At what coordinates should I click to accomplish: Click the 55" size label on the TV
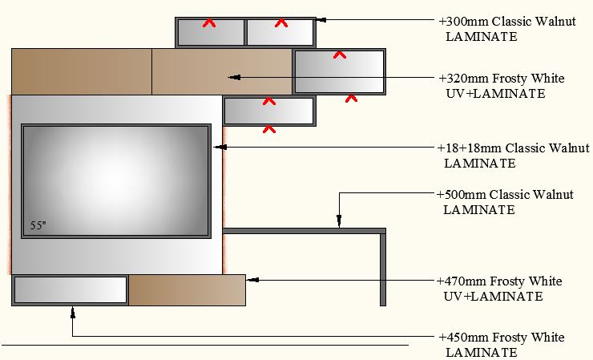(x=38, y=226)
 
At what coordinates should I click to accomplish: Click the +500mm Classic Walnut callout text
(x=505, y=202)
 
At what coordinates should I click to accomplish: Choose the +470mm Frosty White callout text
(x=499, y=289)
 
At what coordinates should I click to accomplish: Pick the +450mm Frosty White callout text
(x=501, y=345)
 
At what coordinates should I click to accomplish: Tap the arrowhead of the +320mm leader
(x=233, y=78)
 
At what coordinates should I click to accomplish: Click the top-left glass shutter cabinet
(x=211, y=33)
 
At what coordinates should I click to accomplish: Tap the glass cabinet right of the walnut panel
(x=339, y=73)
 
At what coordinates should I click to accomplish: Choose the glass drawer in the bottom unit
(x=71, y=289)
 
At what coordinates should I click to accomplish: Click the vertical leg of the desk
(x=383, y=269)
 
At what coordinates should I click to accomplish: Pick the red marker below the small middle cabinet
(x=269, y=127)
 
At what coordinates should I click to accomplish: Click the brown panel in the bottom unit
(x=187, y=289)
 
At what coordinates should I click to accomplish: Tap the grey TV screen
(x=116, y=180)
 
